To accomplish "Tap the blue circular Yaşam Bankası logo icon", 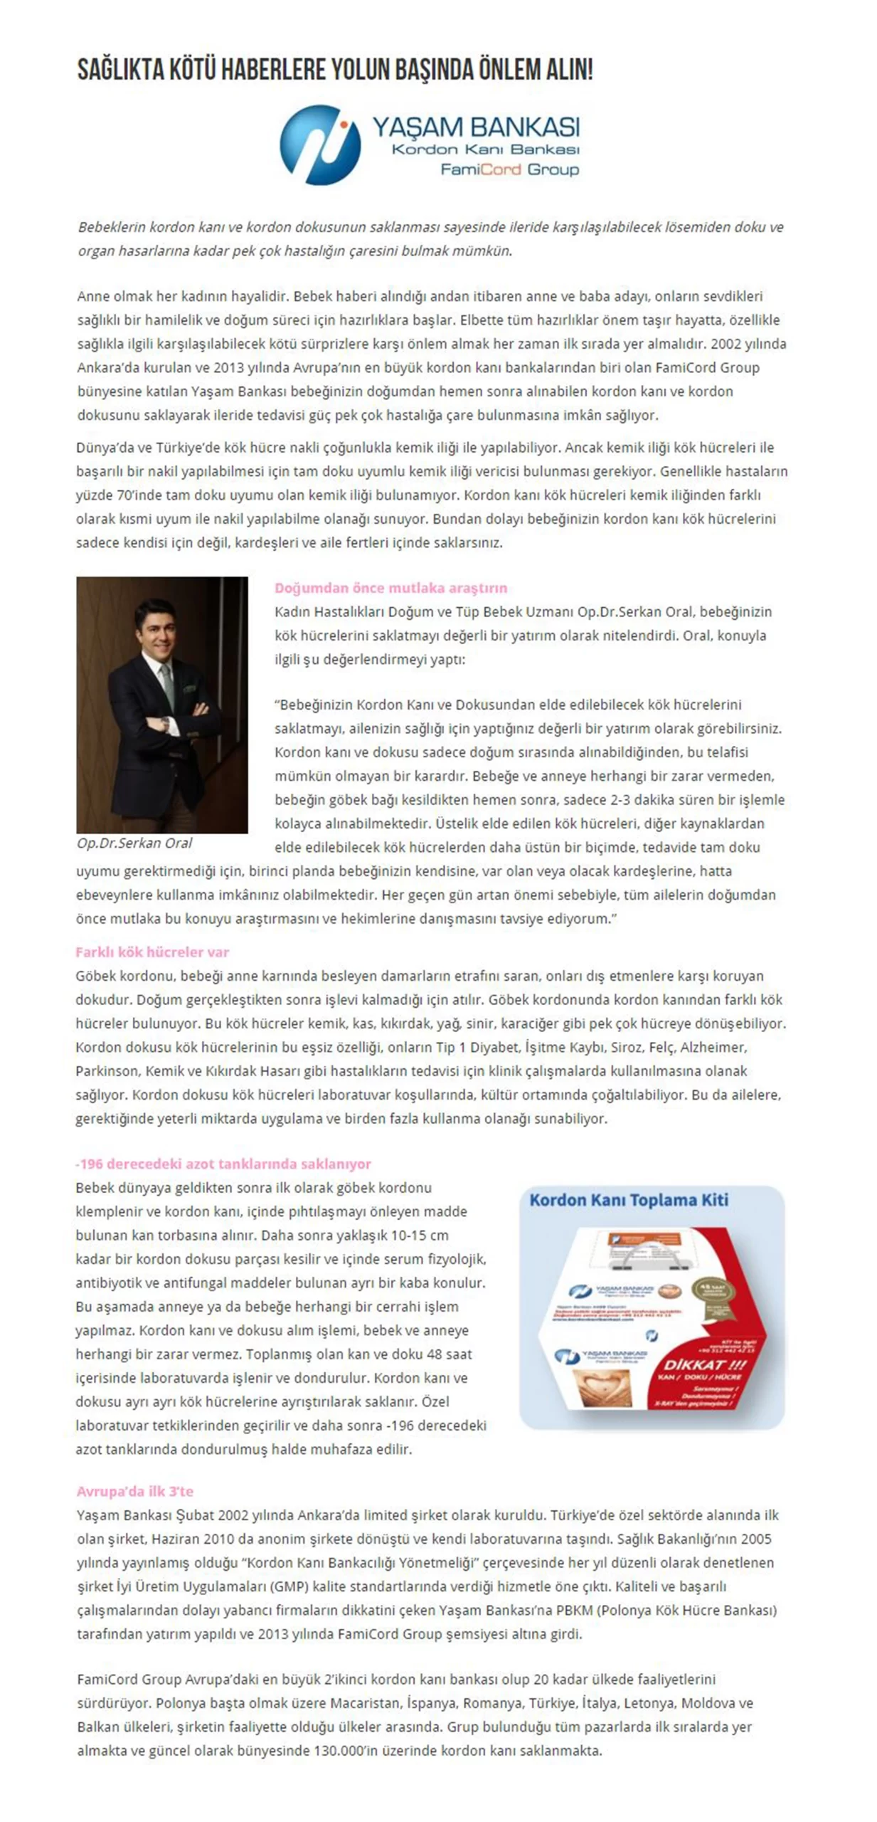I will (320, 144).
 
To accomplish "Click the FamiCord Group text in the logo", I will (509, 169).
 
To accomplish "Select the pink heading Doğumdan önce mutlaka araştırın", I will (390, 588).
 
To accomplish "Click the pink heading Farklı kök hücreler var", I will (152, 952).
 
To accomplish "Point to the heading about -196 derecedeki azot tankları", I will (223, 1164).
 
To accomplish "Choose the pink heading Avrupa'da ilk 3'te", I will (135, 1491).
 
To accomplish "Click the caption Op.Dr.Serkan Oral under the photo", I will (134, 843).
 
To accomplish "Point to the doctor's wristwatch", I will (165, 723).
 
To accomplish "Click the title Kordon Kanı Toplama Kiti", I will (629, 1200).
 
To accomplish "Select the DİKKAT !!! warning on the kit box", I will (704, 1364).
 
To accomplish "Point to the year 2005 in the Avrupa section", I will (756, 1539).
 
